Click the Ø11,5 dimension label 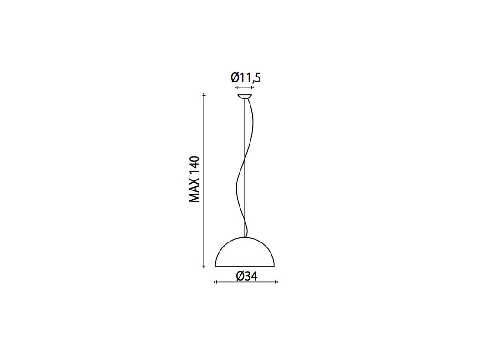[245, 77]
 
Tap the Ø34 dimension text [246, 276]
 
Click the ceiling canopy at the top [245, 97]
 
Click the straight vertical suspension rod [244, 168]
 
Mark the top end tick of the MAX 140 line [204, 95]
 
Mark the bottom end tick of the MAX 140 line [204, 267]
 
